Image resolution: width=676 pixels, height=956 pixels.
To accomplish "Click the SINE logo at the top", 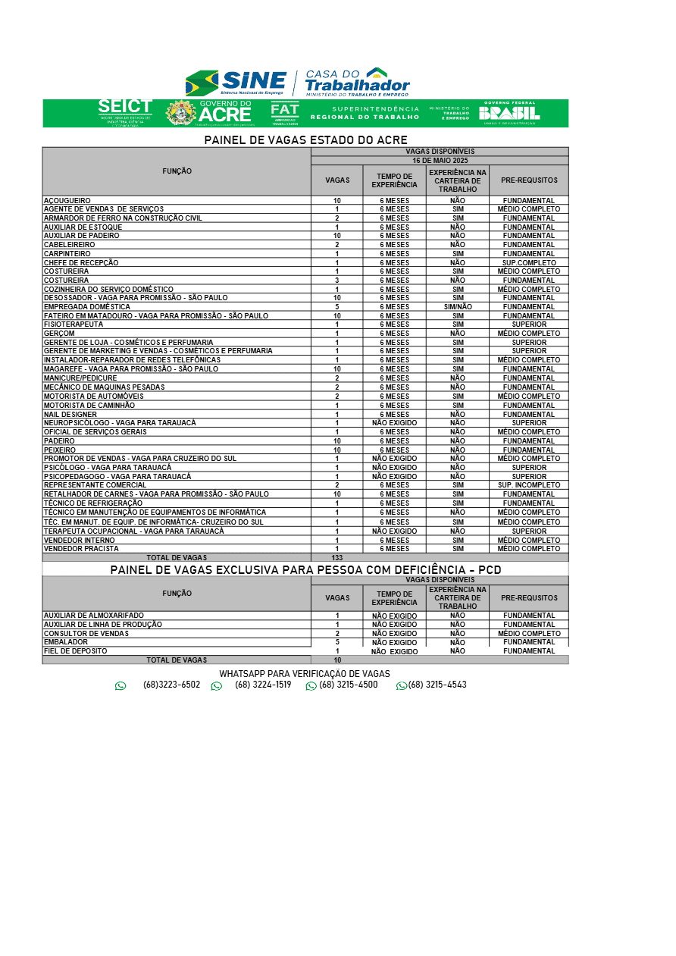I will (236, 82).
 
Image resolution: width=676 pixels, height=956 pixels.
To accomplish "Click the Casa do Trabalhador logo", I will (356, 82).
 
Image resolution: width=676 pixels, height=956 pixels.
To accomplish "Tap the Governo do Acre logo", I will (210, 113).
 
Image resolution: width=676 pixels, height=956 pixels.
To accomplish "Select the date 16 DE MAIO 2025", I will (440, 161).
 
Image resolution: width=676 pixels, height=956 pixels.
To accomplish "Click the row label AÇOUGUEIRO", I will (67, 201).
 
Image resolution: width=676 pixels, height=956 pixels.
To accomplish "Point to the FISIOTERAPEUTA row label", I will (74, 324).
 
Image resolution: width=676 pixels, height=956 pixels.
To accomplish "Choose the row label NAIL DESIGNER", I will (70, 415).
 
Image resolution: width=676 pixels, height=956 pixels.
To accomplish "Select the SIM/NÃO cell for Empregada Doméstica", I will (458, 307).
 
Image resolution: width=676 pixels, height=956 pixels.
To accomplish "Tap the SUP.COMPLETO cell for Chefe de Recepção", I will (529, 263).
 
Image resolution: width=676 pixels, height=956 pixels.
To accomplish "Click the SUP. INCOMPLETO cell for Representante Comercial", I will (529, 485).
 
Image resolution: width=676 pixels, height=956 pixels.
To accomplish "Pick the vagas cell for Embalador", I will (337, 642).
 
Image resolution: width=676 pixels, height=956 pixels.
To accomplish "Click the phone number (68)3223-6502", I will (171, 685).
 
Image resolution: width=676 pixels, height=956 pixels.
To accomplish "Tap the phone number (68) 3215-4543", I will (437, 685).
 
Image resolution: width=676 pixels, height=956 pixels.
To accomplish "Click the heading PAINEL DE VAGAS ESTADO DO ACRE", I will (305, 140).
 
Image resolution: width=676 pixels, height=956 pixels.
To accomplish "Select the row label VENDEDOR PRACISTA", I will (81, 549).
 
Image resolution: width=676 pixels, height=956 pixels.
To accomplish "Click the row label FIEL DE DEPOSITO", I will (76, 651).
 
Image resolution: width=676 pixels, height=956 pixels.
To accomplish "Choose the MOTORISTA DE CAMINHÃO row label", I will (89, 406).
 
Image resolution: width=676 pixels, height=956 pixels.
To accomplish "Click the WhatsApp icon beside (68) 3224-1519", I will (217, 686).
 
